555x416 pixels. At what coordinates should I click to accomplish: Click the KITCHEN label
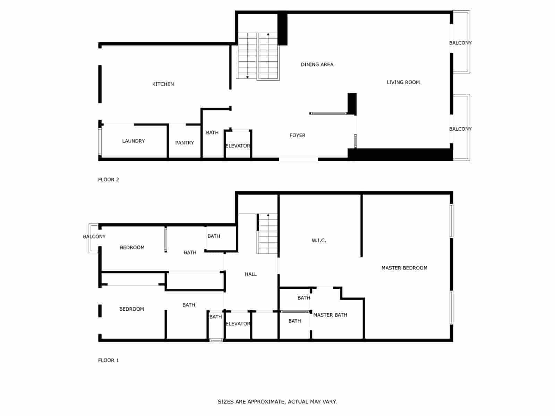click(x=163, y=84)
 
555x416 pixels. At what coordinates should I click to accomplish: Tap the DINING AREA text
click(x=317, y=64)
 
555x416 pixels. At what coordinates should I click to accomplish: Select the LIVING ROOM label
click(x=403, y=82)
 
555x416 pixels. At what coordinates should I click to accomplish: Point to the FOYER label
click(x=297, y=136)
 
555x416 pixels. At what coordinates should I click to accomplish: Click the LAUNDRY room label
click(x=134, y=141)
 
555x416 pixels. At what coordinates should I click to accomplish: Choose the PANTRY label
click(x=185, y=143)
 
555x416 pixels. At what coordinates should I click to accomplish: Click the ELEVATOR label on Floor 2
click(x=238, y=146)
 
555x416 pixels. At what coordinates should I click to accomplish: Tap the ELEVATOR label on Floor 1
click(x=238, y=324)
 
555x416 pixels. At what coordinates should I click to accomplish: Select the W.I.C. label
click(x=319, y=241)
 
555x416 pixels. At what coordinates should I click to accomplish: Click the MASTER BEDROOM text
click(x=404, y=268)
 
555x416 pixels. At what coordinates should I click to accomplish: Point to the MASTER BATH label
click(x=330, y=315)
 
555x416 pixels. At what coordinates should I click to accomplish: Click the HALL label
click(x=251, y=274)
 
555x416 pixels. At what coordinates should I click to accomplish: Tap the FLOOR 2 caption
click(x=109, y=180)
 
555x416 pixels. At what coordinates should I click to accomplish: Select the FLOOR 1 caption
click(x=109, y=361)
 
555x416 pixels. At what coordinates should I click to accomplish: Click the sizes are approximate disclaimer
click(x=277, y=402)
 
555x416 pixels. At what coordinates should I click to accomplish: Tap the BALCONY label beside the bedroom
click(x=94, y=237)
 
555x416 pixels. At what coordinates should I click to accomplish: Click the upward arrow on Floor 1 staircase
click(x=268, y=215)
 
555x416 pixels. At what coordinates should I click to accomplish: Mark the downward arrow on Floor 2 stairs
click(x=247, y=77)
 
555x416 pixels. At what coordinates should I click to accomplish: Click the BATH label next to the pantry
click(x=212, y=133)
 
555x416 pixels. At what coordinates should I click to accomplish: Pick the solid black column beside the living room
click(x=352, y=103)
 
